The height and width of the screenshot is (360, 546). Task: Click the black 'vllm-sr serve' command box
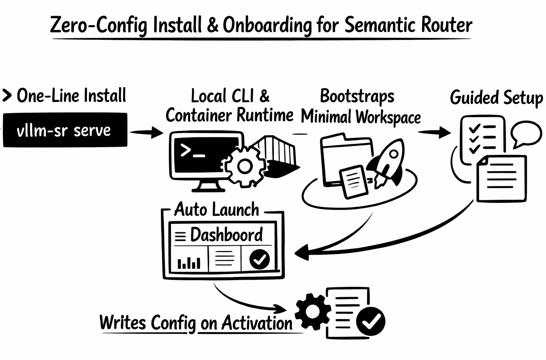click(65, 130)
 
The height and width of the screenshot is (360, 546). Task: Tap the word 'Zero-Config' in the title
click(98, 25)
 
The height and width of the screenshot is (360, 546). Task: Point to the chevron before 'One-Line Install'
click(7, 95)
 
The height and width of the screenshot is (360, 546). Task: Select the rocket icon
click(388, 163)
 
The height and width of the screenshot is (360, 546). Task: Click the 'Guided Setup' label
click(496, 98)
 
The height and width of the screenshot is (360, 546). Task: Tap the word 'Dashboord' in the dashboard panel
click(226, 235)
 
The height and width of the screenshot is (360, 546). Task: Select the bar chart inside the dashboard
click(189, 262)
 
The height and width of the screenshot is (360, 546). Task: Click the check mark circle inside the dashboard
click(260, 259)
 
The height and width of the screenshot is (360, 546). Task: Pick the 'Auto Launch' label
click(217, 210)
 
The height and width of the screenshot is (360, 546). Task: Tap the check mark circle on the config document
click(371, 321)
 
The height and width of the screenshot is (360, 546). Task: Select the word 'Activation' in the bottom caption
click(257, 323)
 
